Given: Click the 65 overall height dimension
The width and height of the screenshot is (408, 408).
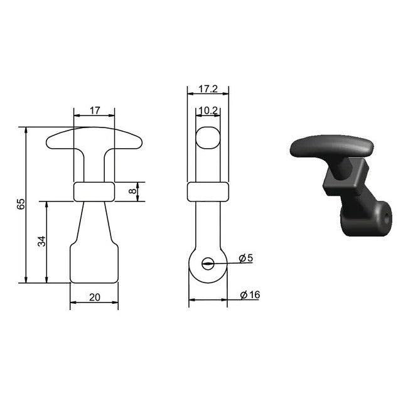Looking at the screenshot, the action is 21,204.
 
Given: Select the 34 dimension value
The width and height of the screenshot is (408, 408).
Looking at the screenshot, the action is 41,241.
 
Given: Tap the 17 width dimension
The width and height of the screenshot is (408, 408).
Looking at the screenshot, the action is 95,110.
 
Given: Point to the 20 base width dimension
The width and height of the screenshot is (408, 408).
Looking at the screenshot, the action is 94,297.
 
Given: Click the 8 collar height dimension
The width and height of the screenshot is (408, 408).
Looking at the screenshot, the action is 132,191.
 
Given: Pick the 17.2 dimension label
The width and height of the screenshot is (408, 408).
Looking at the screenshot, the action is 208,89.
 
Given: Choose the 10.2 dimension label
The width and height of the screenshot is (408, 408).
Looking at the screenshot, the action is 208,110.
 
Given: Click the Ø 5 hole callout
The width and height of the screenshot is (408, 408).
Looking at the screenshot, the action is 246,258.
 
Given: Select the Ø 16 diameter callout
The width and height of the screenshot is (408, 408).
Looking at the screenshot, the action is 250,295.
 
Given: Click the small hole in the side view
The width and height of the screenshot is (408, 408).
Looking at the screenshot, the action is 208,264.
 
